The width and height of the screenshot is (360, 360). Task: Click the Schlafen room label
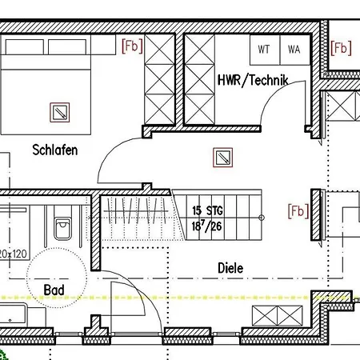tap(55, 150)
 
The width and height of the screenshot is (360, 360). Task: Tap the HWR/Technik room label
tap(253, 80)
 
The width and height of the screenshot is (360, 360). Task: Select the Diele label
tap(230, 268)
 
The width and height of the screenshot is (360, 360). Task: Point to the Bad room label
tap(54, 290)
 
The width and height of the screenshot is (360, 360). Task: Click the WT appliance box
tap(265, 50)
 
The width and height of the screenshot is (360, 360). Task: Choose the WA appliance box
tap(295, 50)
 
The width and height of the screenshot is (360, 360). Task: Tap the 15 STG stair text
tap(207, 210)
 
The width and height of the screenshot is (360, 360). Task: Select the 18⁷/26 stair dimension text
tap(206, 226)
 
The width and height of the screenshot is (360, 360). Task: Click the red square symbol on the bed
tap(60, 113)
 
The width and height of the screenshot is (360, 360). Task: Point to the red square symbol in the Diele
tap(222, 158)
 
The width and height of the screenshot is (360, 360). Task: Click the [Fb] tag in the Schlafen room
tap(132, 46)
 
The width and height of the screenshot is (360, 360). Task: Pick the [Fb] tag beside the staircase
tap(298, 211)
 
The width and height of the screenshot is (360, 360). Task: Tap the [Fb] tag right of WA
tap(341, 48)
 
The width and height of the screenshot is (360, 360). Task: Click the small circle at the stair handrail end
tap(262, 218)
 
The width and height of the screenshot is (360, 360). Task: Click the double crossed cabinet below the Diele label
tap(278, 316)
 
